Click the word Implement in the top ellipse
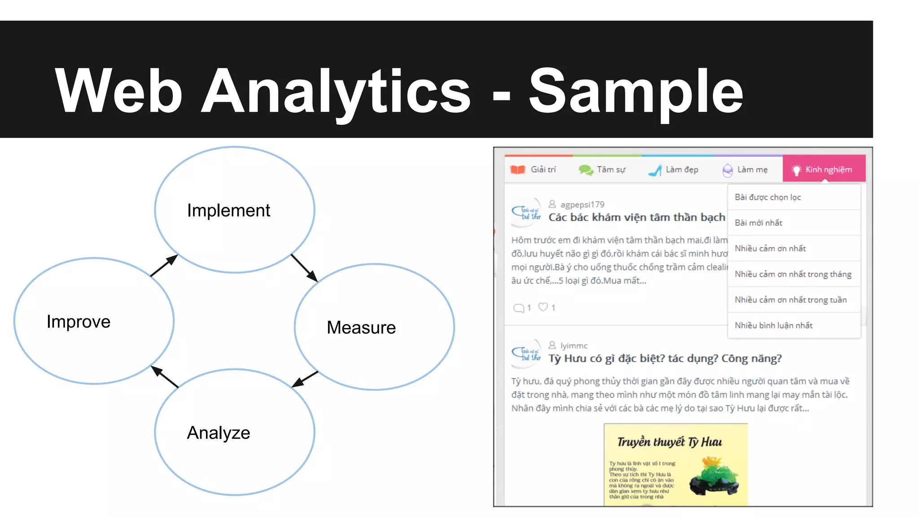(x=228, y=210)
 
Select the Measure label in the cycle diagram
(x=361, y=328)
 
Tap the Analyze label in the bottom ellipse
(x=219, y=433)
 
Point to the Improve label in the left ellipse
(x=79, y=322)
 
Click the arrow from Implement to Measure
(x=304, y=267)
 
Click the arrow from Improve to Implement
(x=164, y=266)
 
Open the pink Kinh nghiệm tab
(x=823, y=170)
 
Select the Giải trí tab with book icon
(x=534, y=170)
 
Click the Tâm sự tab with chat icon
(x=602, y=170)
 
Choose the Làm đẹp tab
(x=674, y=170)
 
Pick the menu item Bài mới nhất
(x=758, y=223)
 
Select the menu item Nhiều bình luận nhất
(x=774, y=325)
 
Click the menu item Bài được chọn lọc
(x=768, y=197)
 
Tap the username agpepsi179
(x=582, y=205)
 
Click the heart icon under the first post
(x=543, y=307)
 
